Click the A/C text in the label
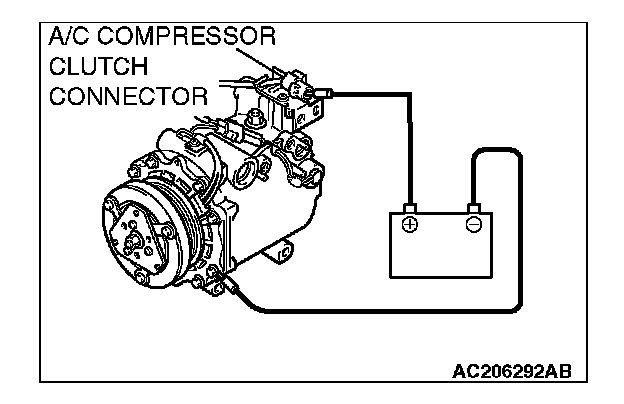click(70, 38)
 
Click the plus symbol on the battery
click(409, 224)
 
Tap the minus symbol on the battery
click(473, 224)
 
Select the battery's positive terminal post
click(409, 209)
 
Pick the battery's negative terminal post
click(473, 209)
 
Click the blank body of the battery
click(441, 256)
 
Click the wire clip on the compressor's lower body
click(233, 291)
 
